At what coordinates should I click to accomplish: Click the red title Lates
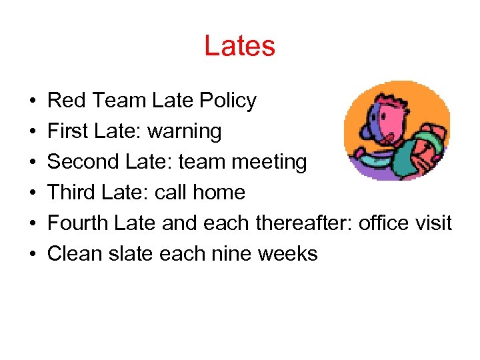(239, 46)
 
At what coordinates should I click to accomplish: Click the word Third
(73, 192)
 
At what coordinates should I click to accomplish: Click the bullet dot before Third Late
(32, 193)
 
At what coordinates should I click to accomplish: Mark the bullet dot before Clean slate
(32, 254)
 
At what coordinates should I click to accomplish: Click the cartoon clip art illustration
(397, 131)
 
